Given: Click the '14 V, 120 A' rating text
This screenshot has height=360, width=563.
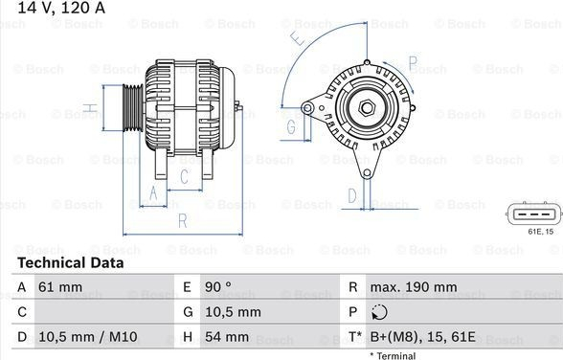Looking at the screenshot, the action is (x=61, y=8).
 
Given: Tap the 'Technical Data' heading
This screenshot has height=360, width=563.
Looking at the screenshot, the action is (x=71, y=263).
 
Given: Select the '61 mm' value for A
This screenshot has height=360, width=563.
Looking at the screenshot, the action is (x=56, y=287).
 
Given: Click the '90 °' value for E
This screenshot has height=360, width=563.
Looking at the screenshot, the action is (x=218, y=287).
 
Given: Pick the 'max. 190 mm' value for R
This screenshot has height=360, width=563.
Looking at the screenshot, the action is (x=414, y=287).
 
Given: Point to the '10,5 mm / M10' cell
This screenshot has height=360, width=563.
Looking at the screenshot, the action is (x=88, y=337).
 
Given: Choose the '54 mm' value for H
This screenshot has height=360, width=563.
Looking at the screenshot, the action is (x=227, y=337).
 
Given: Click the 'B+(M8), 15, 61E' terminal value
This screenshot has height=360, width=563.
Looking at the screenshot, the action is (x=423, y=337).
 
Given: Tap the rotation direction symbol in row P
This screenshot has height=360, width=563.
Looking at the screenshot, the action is (x=379, y=312).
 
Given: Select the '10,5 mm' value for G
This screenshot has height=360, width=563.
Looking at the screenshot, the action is (x=233, y=312).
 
